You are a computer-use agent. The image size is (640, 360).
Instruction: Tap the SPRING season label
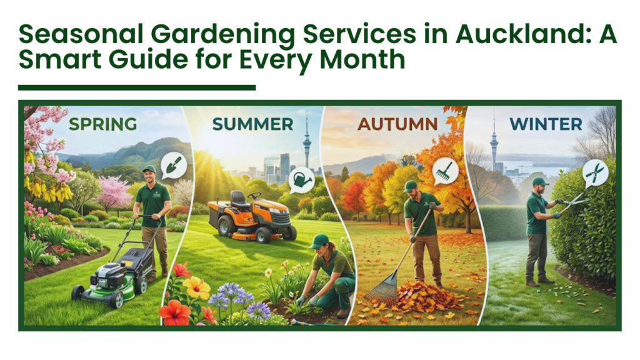102,124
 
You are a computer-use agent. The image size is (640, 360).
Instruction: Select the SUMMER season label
252,124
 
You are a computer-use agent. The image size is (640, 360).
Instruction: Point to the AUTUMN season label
397,123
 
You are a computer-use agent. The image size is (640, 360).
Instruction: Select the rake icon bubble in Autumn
445,169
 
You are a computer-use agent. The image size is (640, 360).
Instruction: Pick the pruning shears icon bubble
595,172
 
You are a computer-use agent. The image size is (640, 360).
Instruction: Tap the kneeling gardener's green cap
318,240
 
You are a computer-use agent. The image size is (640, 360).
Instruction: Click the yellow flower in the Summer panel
197,287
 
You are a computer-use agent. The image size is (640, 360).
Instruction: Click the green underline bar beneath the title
137,87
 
